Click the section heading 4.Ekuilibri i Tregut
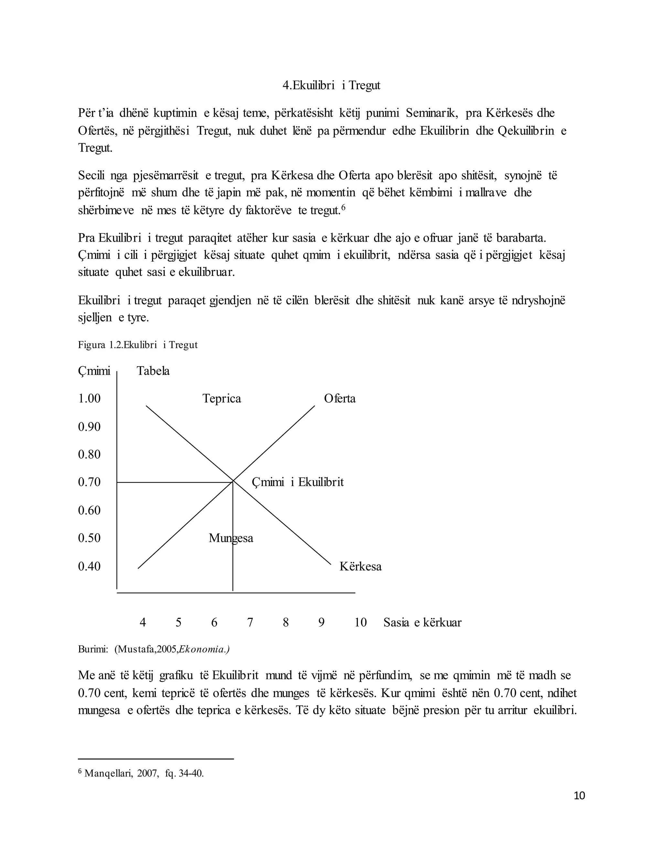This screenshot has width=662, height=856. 331,86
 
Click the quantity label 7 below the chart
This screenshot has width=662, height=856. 250,622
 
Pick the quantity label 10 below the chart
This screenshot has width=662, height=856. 360,622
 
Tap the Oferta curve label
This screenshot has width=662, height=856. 340,399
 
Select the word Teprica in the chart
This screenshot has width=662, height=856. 221,399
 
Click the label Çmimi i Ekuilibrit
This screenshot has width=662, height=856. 297,482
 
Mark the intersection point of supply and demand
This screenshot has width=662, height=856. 233,481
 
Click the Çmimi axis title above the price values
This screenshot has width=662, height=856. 94,371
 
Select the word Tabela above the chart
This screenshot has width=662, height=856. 153,371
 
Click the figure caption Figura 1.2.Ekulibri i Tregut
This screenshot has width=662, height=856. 138,345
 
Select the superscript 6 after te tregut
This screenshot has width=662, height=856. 343,208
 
